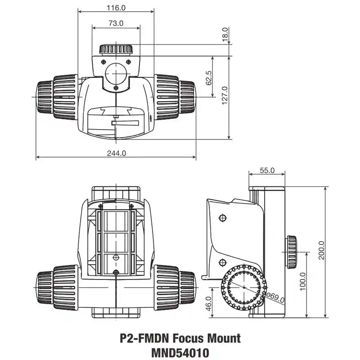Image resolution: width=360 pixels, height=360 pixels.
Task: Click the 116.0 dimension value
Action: coord(116,8)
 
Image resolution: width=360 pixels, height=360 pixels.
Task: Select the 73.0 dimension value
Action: coord(116,23)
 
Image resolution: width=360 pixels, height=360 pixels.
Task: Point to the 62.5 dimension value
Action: coord(208,78)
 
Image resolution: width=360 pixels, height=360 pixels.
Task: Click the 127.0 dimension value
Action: coord(225,95)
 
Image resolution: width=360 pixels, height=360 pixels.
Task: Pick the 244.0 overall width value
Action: coord(116,153)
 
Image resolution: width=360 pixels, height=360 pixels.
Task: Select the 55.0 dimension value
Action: coord(267,171)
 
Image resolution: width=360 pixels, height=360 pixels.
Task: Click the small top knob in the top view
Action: coord(116,49)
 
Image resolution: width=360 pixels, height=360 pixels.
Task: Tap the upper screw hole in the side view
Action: coord(221,218)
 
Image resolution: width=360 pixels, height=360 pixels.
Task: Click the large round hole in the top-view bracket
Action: coord(116,72)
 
